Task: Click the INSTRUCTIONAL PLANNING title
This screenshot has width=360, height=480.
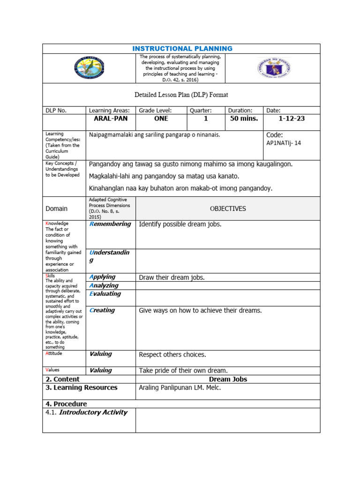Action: point(182,49)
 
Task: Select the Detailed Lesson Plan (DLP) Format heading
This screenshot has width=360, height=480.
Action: point(181,95)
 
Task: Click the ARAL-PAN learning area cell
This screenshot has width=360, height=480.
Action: point(111,119)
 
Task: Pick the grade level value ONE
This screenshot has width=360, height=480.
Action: point(161,119)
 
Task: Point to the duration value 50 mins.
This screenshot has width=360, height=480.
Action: point(244,119)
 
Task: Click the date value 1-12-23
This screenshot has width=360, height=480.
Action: point(292,119)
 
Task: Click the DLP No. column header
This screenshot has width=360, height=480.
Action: point(56,110)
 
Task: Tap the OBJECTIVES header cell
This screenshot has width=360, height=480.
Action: point(228,209)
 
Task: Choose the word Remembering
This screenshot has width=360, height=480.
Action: point(110,224)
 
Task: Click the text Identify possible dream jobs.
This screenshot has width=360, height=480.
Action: point(180,224)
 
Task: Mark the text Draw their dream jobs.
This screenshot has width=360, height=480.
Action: point(172,277)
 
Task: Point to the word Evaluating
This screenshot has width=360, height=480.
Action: point(105,294)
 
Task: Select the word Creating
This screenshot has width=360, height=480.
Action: point(102,310)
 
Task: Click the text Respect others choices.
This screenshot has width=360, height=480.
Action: point(172,354)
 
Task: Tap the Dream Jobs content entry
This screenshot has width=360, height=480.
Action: point(228,379)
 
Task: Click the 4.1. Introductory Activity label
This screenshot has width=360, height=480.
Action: point(87,412)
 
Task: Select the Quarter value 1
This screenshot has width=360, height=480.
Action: point(205,119)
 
